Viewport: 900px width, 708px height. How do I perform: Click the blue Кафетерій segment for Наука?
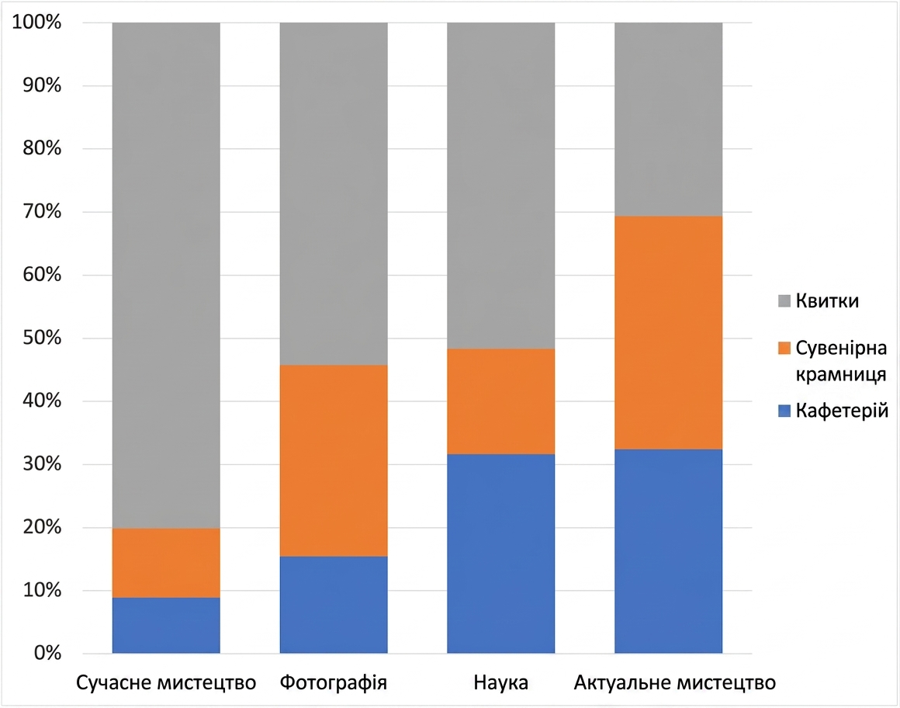(x=501, y=554)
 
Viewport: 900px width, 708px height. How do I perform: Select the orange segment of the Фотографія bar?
(x=334, y=460)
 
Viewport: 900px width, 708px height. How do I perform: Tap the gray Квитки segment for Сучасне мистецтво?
(x=166, y=276)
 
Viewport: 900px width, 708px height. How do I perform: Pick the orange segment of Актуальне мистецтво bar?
(x=668, y=333)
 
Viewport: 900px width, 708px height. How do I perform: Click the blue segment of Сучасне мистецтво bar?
(x=166, y=625)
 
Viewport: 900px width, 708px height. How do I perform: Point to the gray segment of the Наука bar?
(x=501, y=186)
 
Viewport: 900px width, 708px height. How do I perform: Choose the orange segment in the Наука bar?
(x=501, y=401)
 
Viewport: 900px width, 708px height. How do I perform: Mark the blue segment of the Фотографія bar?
(x=334, y=605)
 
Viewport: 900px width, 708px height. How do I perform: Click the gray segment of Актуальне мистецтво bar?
(x=668, y=120)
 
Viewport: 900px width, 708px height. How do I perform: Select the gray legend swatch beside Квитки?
(x=784, y=301)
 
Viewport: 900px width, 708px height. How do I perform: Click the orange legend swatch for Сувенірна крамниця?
(x=784, y=348)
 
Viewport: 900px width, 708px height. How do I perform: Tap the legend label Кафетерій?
(x=842, y=411)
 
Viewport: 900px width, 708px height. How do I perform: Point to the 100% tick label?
(x=36, y=22)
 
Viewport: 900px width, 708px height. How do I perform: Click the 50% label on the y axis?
(x=42, y=338)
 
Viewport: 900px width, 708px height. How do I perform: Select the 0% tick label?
(x=47, y=653)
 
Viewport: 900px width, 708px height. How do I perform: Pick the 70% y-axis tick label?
(x=42, y=211)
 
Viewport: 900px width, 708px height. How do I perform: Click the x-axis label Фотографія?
(x=334, y=682)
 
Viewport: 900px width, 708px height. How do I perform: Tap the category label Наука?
(x=501, y=682)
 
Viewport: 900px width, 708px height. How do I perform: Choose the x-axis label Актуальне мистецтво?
(x=675, y=682)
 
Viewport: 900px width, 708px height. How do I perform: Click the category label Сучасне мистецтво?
(x=166, y=682)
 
